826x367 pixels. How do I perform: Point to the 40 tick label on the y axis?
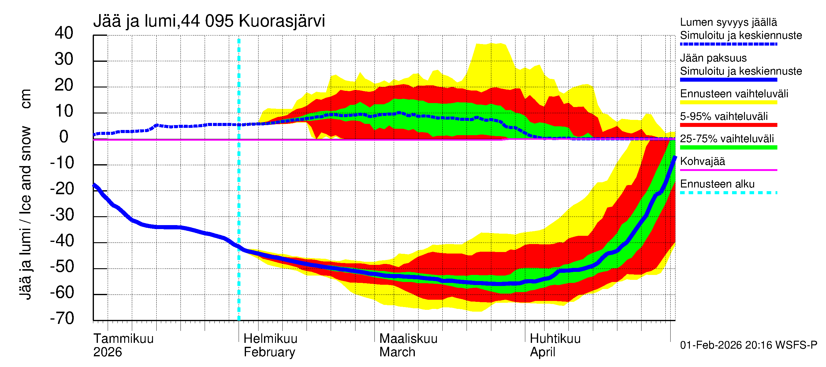64,33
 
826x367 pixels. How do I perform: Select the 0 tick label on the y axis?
64,137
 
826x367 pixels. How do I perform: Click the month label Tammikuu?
124,339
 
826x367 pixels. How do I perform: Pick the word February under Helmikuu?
269,352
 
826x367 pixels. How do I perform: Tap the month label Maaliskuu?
408,339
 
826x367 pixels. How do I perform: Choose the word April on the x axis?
542,352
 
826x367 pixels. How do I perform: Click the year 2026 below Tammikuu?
107,352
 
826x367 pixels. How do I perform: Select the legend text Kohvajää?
702,161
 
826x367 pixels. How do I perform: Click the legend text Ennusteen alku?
717,184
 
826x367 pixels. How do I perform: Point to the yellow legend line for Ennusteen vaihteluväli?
728,102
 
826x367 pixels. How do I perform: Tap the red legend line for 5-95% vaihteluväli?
728,125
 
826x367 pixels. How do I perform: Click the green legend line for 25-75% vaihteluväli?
728,147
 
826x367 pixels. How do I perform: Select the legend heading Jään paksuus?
713,58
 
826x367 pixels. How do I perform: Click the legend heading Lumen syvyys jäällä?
728,22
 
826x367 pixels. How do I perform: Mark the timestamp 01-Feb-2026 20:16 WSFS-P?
748,345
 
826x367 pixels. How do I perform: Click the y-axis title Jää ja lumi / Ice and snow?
26,213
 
